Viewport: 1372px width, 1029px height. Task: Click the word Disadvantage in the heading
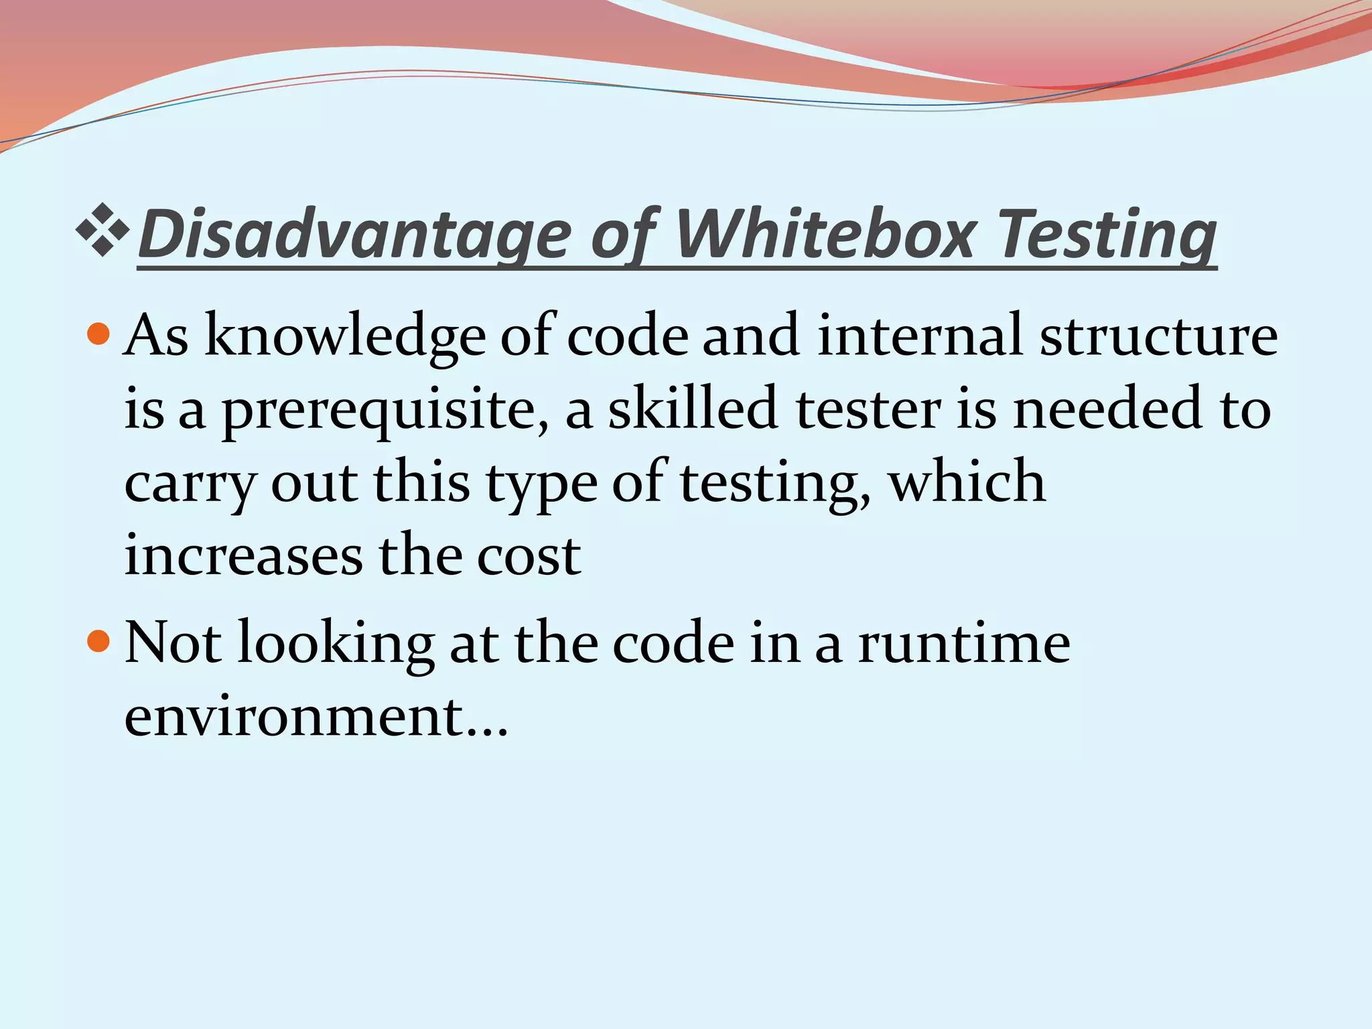click(355, 234)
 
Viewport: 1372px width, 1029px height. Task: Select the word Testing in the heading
click(1108, 234)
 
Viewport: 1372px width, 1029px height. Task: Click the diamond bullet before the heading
click(102, 232)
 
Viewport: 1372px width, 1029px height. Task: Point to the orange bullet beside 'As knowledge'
click(98, 333)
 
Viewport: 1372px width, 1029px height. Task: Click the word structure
click(1158, 335)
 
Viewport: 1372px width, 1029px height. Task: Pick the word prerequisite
click(385, 410)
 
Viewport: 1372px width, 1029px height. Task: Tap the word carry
click(190, 484)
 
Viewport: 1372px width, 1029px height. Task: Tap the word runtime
click(964, 643)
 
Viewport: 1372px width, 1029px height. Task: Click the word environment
click(294, 717)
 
